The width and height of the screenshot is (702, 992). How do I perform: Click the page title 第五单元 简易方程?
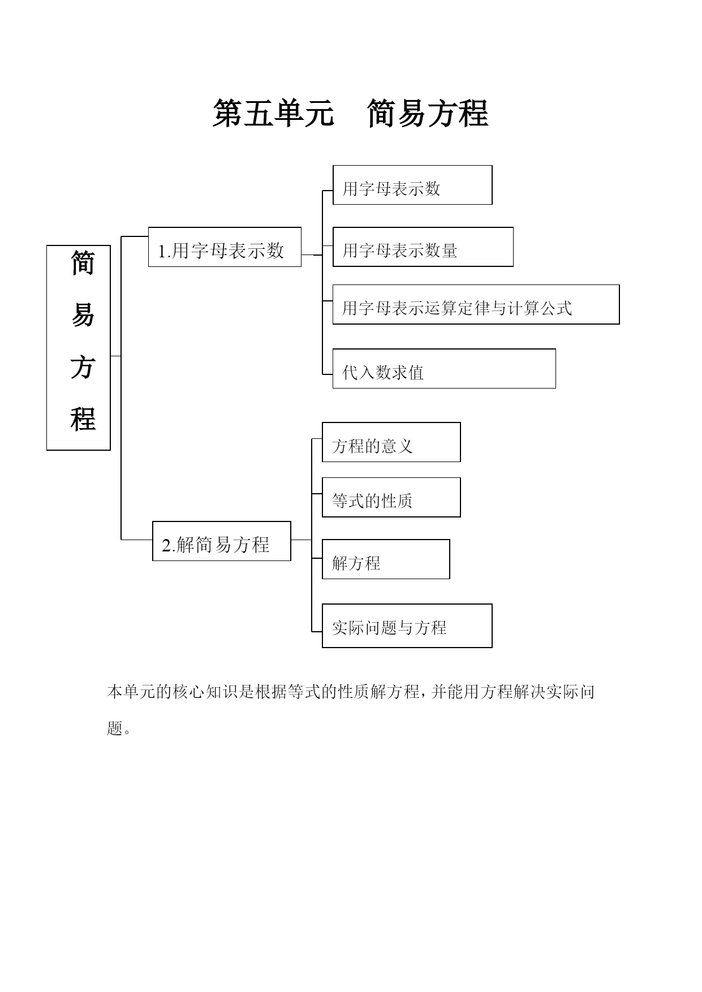[350, 113]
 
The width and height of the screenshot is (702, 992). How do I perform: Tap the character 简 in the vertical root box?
[83, 264]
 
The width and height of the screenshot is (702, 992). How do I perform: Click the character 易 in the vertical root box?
[83, 315]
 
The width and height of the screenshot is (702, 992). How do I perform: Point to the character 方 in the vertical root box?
[83, 367]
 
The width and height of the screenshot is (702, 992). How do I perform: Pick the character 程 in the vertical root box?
[83, 419]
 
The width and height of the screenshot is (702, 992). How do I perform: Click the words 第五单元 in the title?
[273, 113]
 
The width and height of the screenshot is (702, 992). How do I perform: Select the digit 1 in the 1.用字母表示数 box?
[161, 251]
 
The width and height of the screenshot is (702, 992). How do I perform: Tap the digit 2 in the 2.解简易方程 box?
[166, 546]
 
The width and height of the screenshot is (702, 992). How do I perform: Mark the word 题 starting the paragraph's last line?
[115, 728]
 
